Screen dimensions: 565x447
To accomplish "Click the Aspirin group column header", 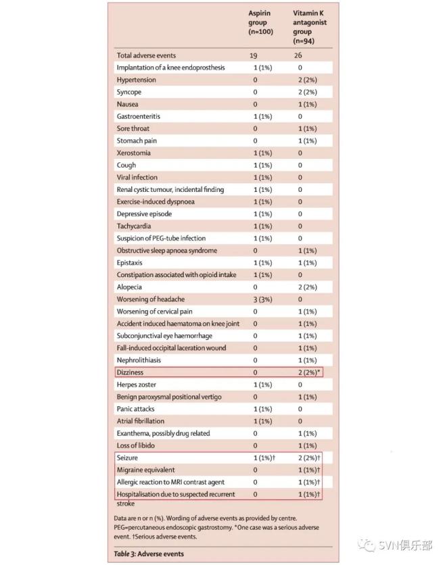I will point(260,23).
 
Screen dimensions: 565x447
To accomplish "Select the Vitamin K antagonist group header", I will point(309,27).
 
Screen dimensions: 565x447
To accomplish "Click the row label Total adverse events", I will point(145,55).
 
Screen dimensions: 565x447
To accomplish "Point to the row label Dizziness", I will point(130,372).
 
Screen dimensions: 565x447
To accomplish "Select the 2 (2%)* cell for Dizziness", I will point(310,372).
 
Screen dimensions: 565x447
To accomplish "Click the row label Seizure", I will point(127,458).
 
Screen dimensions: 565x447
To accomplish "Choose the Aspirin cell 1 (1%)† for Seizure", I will point(264,458).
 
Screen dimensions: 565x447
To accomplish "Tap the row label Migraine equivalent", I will point(145,470).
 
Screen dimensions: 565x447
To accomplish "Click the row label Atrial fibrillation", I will point(140,421).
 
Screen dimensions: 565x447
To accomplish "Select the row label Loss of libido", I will point(136,445).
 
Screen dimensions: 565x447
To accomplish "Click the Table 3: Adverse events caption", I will point(149,554).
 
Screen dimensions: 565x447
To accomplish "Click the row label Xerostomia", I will point(133,153).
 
